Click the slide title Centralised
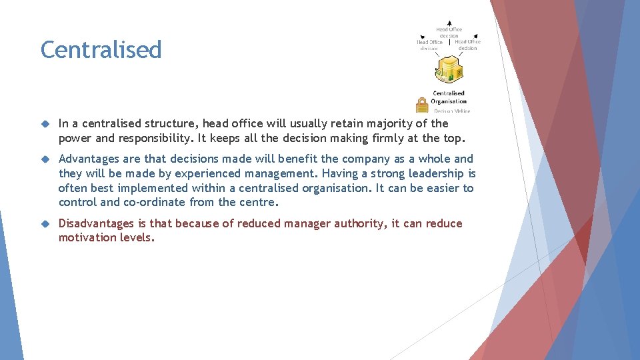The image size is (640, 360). click(x=101, y=50)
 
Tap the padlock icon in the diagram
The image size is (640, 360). click(x=421, y=105)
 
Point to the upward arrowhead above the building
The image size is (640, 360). click(x=449, y=23)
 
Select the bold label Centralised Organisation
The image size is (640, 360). click(x=449, y=97)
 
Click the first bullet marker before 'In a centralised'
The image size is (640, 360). click(x=45, y=124)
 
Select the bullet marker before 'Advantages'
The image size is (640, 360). click(x=45, y=159)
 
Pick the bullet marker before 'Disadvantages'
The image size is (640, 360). click(x=45, y=224)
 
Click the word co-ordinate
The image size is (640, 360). click(x=153, y=202)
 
